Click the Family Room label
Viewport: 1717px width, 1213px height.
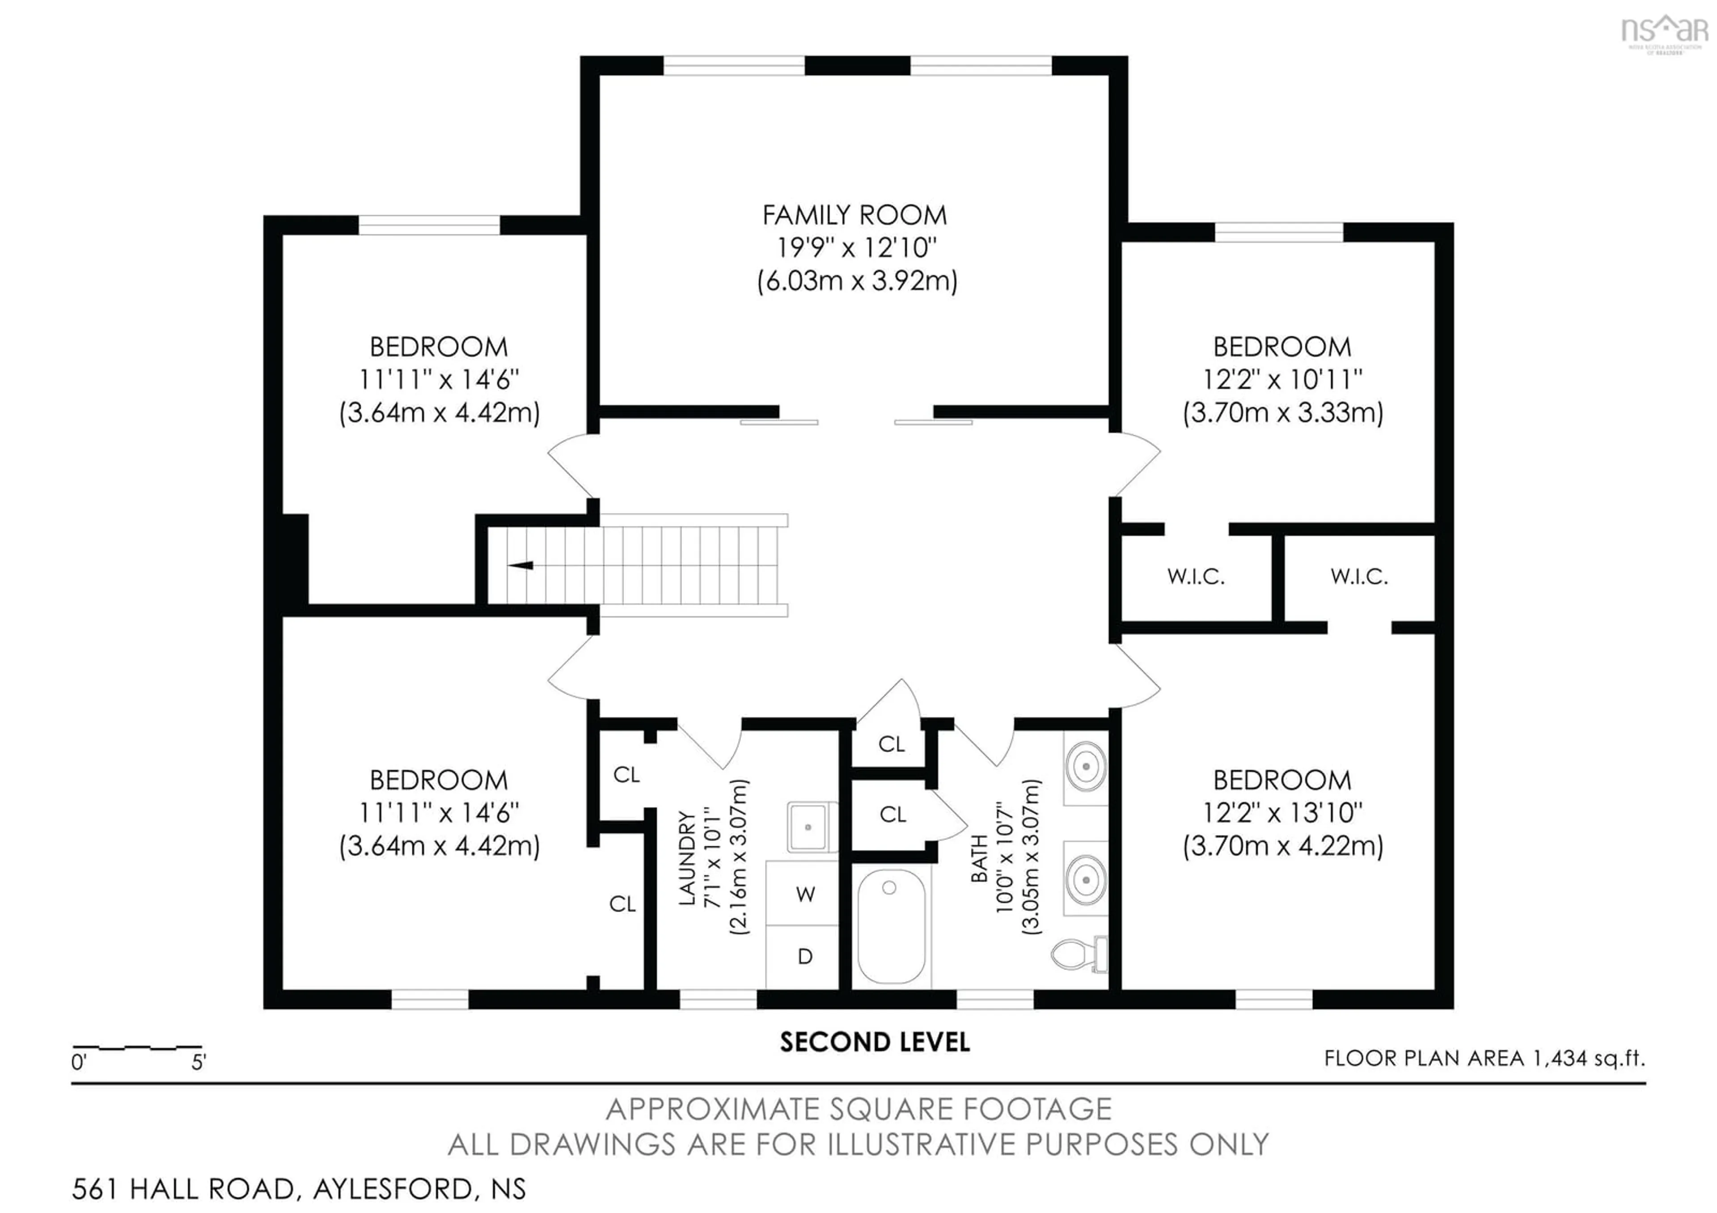pyautogui.click(x=854, y=216)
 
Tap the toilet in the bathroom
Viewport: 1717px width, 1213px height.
pyautogui.click(x=1079, y=954)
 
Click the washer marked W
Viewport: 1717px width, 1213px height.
pyautogui.click(x=805, y=895)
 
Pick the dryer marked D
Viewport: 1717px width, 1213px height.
pyautogui.click(x=805, y=957)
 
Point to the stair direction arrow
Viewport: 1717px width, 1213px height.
pyautogui.click(x=521, y=565)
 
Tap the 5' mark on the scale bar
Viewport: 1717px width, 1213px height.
pyautogui.click(x=198, y=1062)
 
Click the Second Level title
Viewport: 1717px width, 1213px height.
pyautogui.click(x=874, y=1043)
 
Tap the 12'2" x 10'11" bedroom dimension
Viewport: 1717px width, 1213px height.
pyautogui.click(x=1282, y=380)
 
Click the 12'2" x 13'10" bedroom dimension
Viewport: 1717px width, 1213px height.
pyautogui.click(x=1282, y=813)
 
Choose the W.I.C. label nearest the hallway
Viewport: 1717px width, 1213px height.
pyautogui.click(x=1195, y=577)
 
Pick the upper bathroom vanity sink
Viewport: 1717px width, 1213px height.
pyautogui.click(x=1085, y=767)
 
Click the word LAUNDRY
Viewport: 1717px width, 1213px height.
pyautogui.click(x=687, y=858)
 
